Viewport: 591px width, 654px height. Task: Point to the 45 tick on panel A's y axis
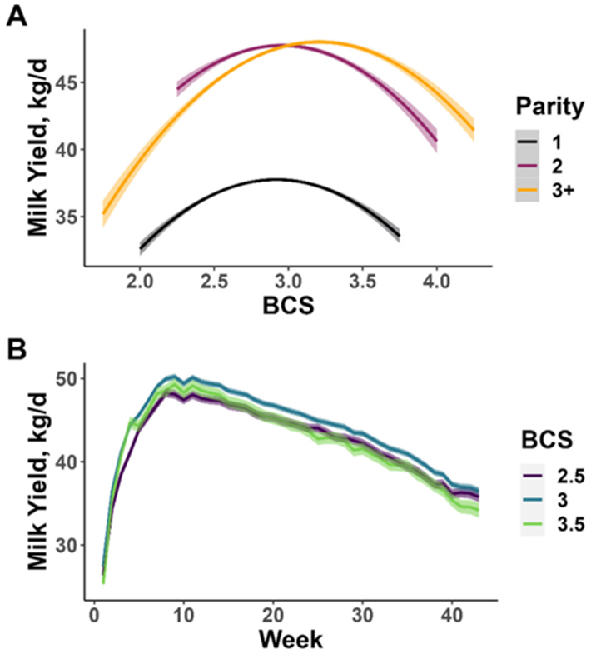(64, 83)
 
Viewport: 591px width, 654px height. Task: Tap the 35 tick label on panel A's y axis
(64, 217)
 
